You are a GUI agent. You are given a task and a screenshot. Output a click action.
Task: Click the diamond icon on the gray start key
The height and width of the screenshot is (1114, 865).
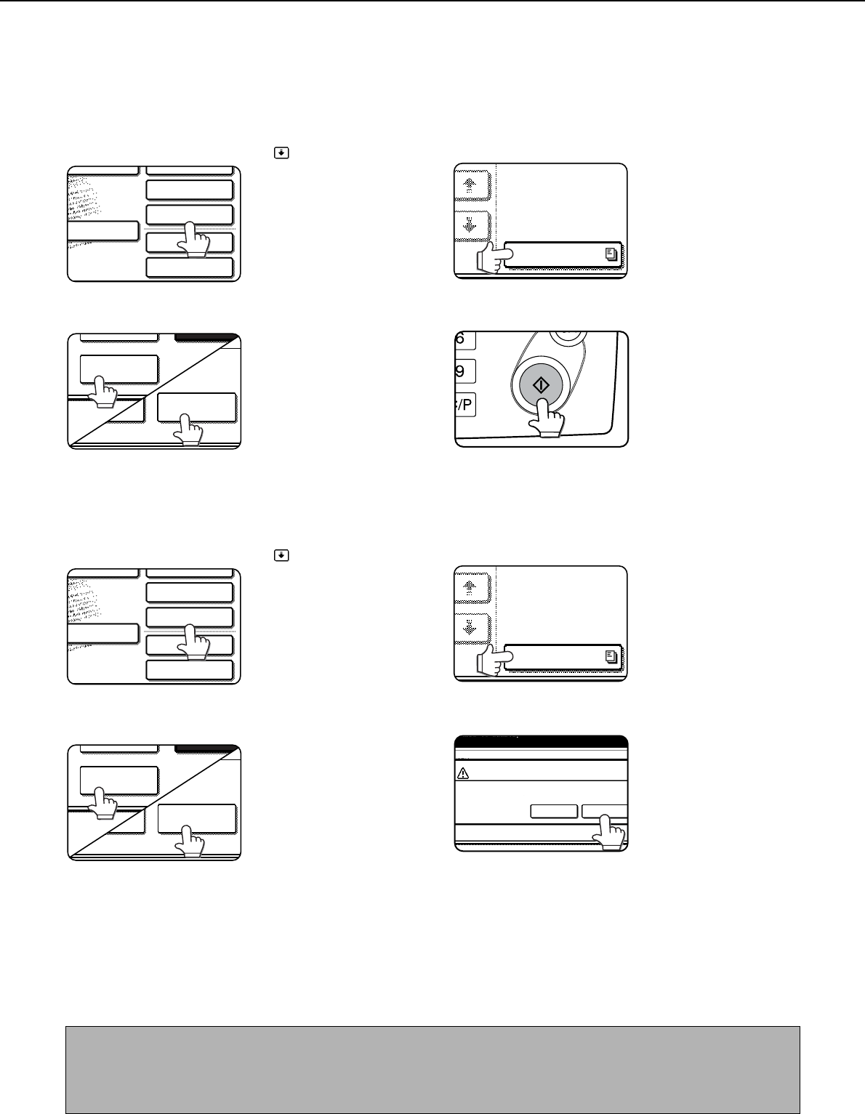coord(541,384)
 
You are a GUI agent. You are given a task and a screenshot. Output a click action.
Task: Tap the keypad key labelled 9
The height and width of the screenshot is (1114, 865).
coord(465,371)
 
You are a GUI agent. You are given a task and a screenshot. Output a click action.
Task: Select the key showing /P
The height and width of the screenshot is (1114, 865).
coord(465,405)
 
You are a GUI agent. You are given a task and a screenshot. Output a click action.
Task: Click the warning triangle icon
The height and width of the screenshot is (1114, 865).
coord(462,773)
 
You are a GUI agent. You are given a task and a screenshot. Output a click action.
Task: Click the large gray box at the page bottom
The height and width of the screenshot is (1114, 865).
coord(432,1070)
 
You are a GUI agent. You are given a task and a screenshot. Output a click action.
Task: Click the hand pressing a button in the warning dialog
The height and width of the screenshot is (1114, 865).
coord(609,832)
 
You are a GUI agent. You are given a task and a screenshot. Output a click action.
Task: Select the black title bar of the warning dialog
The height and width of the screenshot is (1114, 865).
coord(542,742)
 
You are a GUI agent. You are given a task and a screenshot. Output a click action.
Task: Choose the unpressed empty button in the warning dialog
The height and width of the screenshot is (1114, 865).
coord(554,811)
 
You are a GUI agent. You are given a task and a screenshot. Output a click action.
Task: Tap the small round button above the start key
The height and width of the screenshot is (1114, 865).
coord(568,336)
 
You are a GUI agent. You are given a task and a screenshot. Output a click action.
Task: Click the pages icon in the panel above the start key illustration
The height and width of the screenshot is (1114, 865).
coord(611,254)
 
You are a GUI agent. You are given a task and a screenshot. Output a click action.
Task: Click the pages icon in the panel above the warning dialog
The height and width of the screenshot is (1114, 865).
coord(611,656)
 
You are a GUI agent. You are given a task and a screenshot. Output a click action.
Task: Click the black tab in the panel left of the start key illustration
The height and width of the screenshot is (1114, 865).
coord(204,338)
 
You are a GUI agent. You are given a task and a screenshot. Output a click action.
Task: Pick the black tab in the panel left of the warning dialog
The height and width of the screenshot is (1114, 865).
coord(204,749)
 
